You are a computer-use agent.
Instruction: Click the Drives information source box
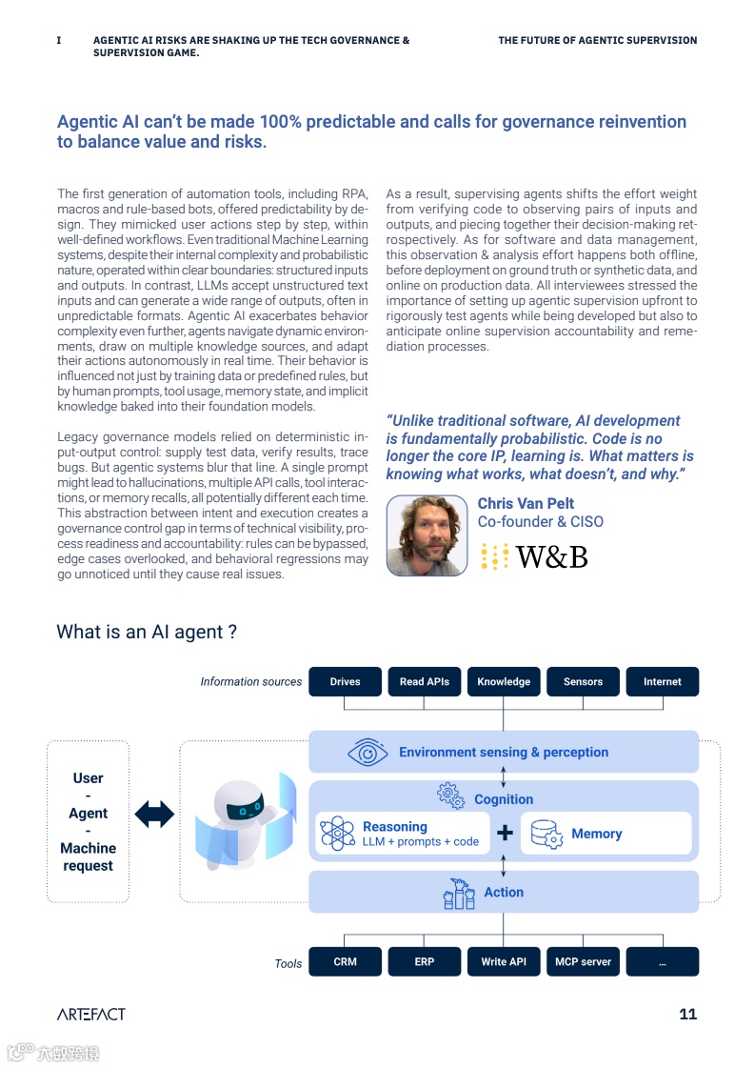[345, 681]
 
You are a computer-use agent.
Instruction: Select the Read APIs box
[425, 681]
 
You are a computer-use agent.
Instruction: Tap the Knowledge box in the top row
[504, 681]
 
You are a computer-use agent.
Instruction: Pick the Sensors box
[583, 681]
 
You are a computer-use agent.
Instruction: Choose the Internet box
[662, 681]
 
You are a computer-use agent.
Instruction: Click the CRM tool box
[345, 961]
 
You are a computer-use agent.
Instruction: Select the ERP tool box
[425, 961]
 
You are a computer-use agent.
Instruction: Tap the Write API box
[504, 961]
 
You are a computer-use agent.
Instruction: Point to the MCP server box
[583, 961]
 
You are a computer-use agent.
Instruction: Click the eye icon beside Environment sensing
[367, 752]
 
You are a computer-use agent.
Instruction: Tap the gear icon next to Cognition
[449, 794]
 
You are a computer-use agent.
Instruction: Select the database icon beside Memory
[545, 834]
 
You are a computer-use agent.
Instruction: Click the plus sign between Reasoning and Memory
[505, 834]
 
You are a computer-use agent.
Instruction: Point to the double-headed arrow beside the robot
[154, 814]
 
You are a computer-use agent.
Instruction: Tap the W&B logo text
[551, 556]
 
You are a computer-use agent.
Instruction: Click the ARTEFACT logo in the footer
[90, 1014]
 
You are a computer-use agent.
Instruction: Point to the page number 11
[687, 1014]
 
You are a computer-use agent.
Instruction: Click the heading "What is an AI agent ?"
[147, 632]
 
